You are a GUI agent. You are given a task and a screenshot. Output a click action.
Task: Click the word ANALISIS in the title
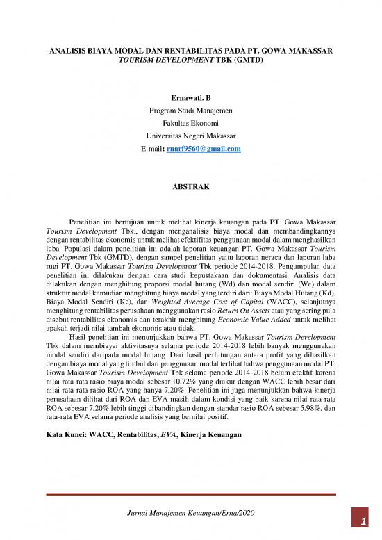(x=65, y=51)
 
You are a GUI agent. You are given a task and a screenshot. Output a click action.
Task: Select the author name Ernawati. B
(x=190, y=98)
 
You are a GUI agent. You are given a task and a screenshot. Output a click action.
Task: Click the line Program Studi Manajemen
(x=190, y=111)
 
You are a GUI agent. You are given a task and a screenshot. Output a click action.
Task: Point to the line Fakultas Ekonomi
(x=190, y=123)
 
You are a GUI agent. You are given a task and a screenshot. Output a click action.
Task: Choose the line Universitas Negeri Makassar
(x=190, y=136)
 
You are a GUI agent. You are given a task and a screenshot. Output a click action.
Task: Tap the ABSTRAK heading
(x=190, y=186)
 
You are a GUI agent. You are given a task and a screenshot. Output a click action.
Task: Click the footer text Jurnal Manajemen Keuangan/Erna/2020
(x=190, y=512)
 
